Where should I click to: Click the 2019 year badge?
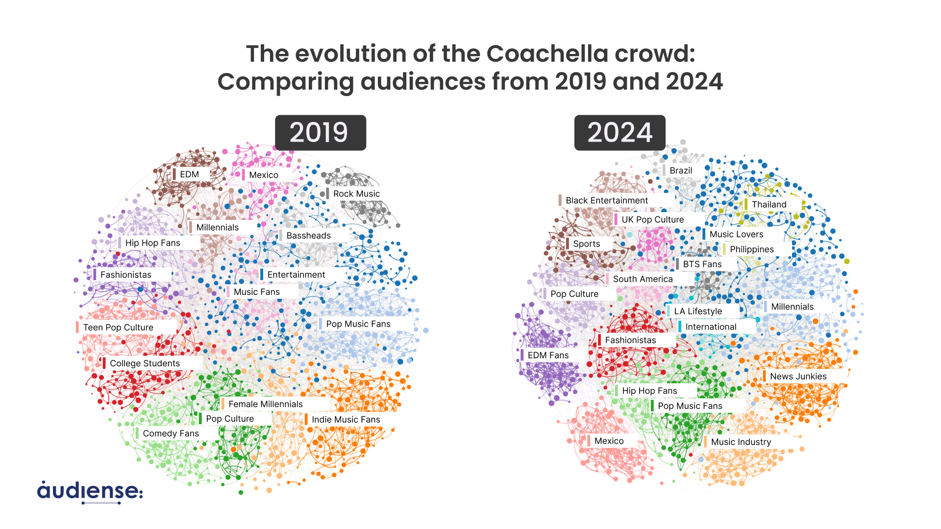[x=320, y=133]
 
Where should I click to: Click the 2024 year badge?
[x=619, y=133]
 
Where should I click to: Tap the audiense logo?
[x=90, y=492]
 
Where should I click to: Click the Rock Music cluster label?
[x=356, y=194]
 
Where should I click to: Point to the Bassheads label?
[x=308, y=236]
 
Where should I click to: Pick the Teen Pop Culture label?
[x=118, y=328]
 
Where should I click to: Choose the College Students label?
[x=145, y=363]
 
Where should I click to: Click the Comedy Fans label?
[x=171, y=433]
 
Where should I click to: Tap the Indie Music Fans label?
[x=346, y=420]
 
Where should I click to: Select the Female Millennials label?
[x=265, y=404]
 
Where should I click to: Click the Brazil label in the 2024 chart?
[x=680, y=170]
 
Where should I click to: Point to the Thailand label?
[x=768, y=205]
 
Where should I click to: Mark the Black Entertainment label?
[x=606, y=200]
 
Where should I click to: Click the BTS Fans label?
[x=702, y=264]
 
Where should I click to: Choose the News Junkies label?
[x=797, y=377]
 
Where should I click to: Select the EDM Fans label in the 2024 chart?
[x=547, y=356]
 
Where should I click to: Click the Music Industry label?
[x=741, y=442]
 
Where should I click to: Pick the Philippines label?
[x=751, y=249]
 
